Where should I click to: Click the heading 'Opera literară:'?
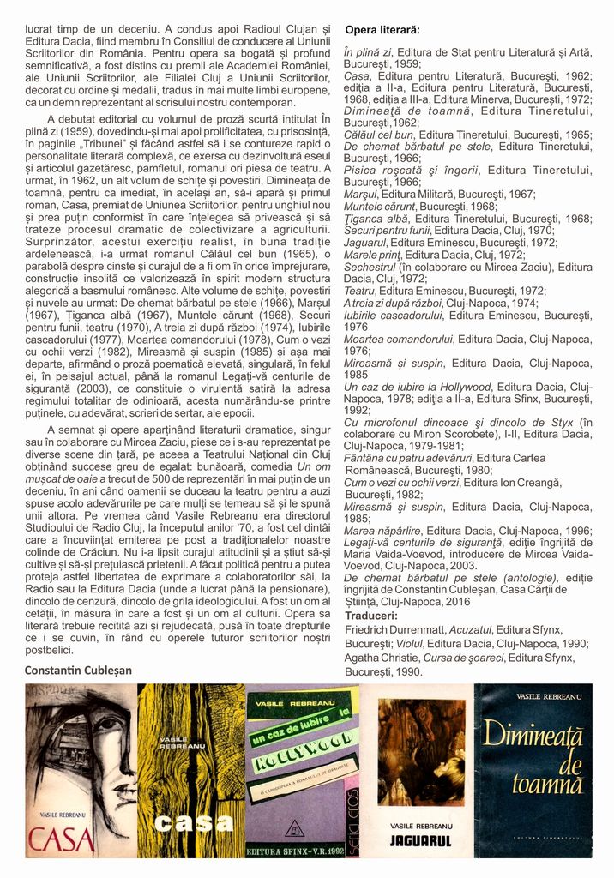[x=382, y=31]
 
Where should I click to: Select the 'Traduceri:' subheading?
[x=371, y=616]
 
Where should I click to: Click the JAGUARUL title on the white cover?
[x=420, y=840]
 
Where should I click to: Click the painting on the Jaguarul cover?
[x=421, y=751]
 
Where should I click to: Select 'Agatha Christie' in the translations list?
[x=385, y=658]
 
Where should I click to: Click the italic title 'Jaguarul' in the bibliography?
[x=364, y=243]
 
